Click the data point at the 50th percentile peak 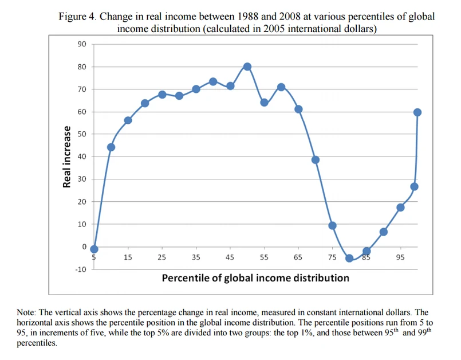click(247, 66)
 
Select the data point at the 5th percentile click(94, 249)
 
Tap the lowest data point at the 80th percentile click(349, 258)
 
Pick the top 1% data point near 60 click(417, 112)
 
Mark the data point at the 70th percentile click(315, 159)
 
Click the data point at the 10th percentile click(111, 147)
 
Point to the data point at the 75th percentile click(332, 225)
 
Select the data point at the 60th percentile click(281, 87)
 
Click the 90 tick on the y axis click(81, 44)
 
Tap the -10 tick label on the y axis click(80, 269)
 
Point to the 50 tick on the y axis click(81, 134)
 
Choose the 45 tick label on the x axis click(230, 258)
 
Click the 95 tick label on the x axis click(400, 258)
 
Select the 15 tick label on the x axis click(128, 258)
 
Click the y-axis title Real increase click(67, 156)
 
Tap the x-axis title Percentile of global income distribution click(255, 278)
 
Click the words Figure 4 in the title click(77, 16)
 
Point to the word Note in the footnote click(27, 312)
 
